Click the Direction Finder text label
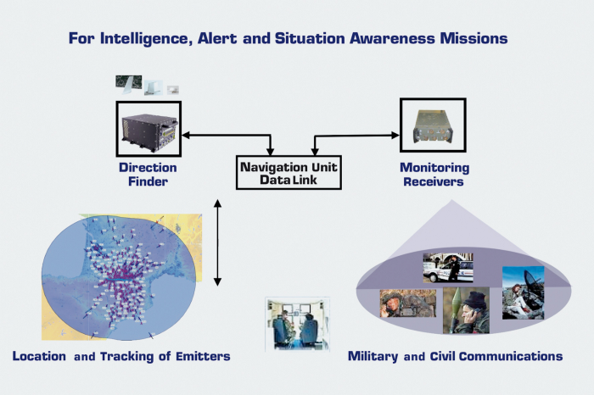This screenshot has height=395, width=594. point(147,174)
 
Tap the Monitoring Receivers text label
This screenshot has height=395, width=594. point(433,174)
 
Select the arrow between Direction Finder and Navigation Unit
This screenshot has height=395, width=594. point(227,135)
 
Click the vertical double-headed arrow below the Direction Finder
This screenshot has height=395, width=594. point(218,242)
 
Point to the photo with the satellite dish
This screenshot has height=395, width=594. point(523,292)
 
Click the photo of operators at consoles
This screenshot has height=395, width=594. point(296,323)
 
